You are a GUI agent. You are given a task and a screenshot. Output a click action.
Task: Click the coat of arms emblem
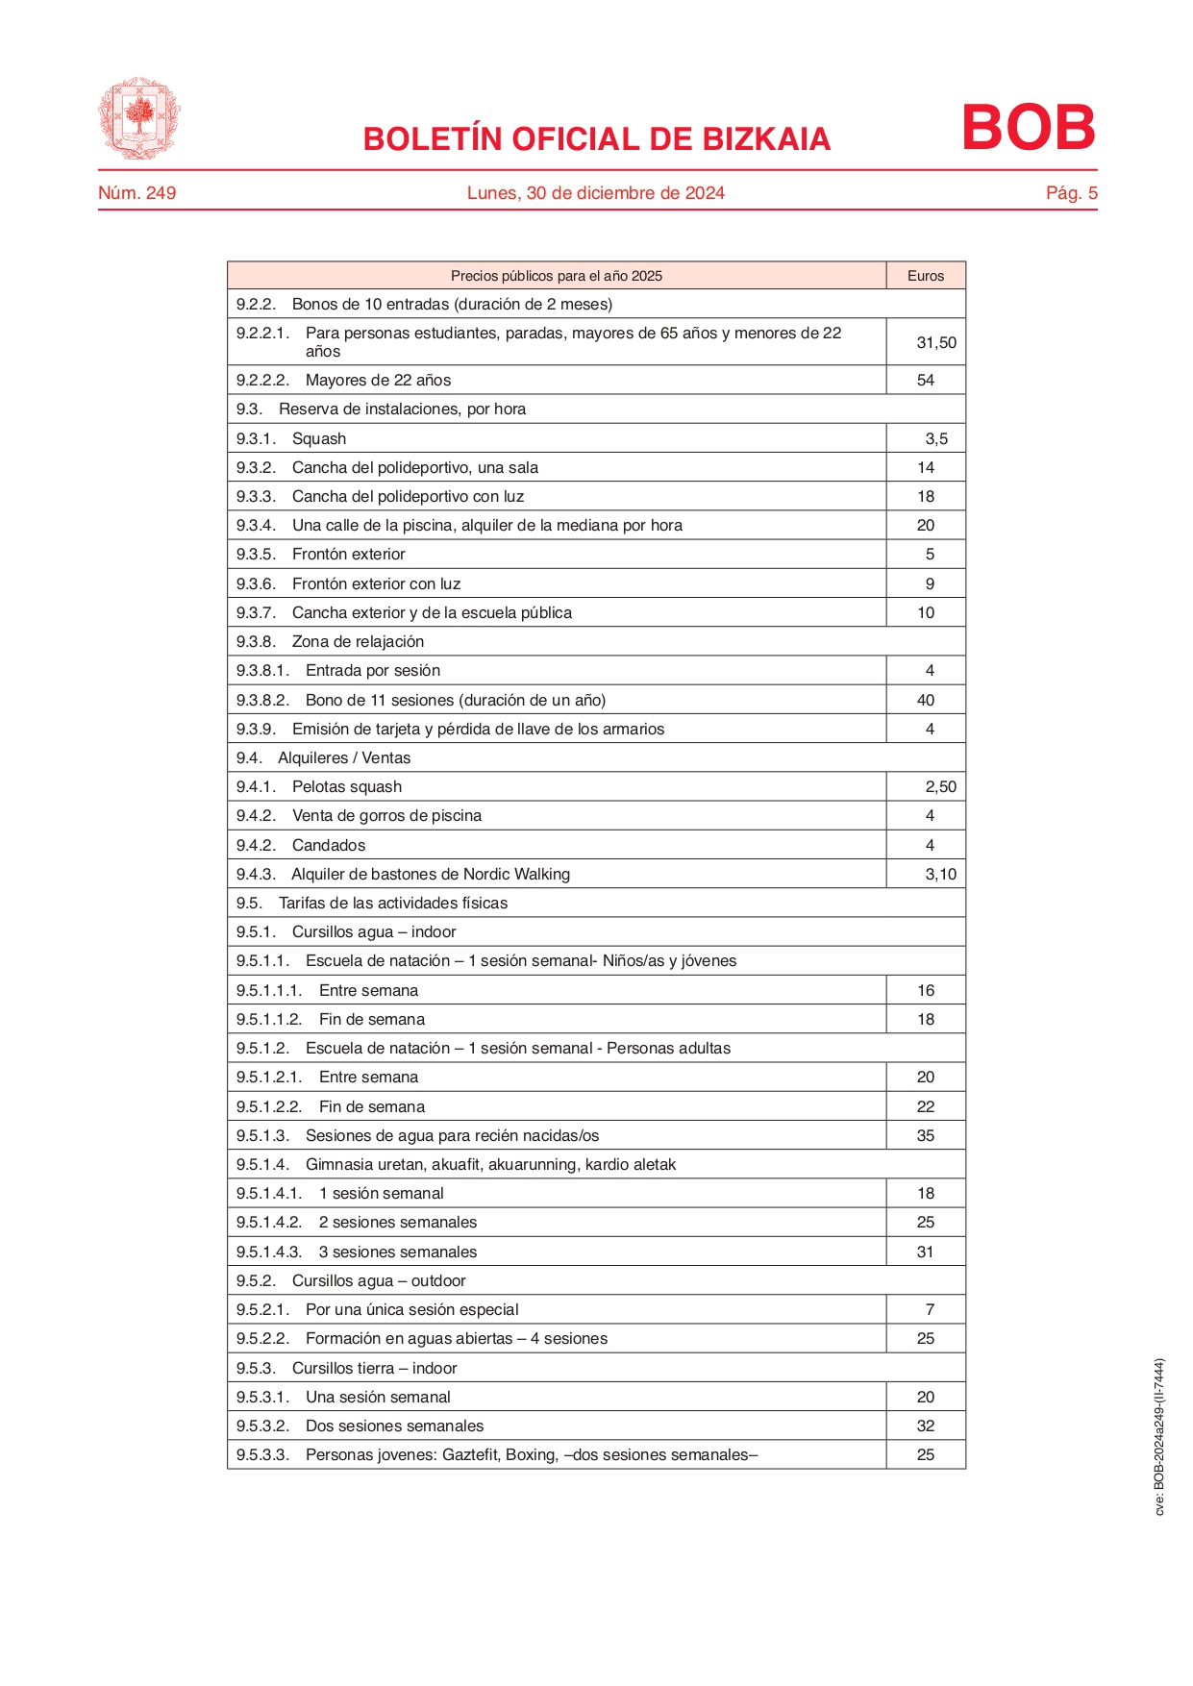point(139,118)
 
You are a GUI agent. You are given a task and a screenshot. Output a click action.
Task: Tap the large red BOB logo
point(1028,128)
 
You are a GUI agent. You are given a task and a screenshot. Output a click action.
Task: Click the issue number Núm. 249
point(137,193)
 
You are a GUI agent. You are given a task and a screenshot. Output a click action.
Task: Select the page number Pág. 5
point(1071,193)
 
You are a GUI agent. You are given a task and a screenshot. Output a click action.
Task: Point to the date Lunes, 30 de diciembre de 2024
point(595,193)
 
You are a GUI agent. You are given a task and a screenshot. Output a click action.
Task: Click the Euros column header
point(925,276)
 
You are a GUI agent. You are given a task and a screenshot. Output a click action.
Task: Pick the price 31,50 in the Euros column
point(935,342)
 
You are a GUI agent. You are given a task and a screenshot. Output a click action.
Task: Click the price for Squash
point(935,438)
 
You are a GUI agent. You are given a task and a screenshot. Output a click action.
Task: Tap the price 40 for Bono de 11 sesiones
point(925,700)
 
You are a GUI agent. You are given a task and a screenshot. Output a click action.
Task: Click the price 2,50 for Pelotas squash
point(940,786)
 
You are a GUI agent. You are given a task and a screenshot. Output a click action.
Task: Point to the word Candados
point(329,845)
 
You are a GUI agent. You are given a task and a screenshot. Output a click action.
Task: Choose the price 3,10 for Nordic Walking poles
point(940,874)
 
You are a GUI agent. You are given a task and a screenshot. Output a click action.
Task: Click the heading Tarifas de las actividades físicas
point(392,903)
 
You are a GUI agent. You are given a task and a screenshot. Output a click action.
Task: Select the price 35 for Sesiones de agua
point(925,1135)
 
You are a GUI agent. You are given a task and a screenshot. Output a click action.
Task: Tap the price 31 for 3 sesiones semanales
point(925,1252)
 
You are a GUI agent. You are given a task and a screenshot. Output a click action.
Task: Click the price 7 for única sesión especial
point(929,1309)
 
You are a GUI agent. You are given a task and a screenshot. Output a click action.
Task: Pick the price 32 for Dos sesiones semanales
point(925,1426)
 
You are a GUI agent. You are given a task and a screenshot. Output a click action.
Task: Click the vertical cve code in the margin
point(1159,1436)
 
